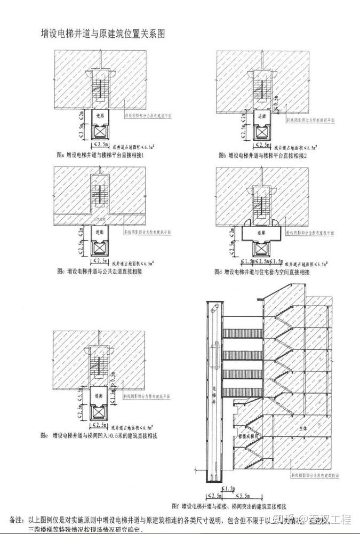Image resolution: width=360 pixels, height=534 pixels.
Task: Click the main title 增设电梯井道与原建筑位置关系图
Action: click(103, 34)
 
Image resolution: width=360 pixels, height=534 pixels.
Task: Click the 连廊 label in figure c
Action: click(100, 233)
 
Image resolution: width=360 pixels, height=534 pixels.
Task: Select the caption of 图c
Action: click(99, 272)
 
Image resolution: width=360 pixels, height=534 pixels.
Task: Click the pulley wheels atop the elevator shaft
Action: click(215, 307)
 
